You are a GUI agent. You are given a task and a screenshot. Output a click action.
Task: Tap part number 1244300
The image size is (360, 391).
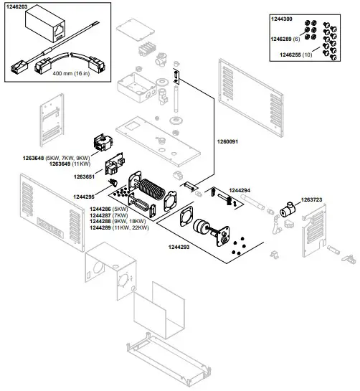[282, 17]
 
